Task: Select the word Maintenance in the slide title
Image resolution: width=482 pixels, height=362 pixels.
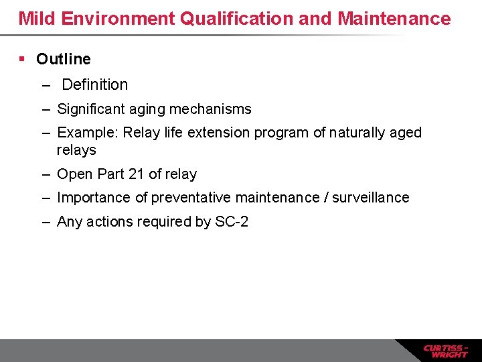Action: pos(394,18)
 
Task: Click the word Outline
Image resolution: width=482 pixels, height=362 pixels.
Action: pos(64,59)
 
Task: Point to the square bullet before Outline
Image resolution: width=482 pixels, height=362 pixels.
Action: pos(22,59)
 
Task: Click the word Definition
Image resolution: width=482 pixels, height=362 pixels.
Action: pos(94,84)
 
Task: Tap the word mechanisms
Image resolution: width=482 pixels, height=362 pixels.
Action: pos(213,109)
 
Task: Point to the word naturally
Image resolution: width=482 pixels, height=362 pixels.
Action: pos(360,132)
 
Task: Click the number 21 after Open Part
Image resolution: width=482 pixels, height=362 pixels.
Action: pos(137,174)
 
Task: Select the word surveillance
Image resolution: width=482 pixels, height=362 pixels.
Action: pos(371,198)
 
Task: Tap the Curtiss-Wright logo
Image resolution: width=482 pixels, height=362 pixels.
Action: pos(445,351)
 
